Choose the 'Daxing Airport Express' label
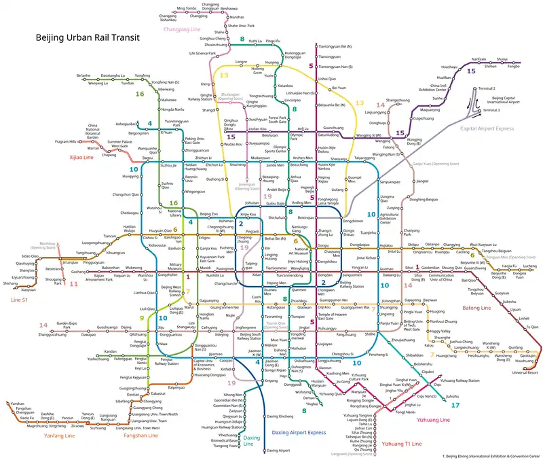coord(298,431)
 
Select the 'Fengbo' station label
coord(513,67)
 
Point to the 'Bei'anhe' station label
coord(83,74)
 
